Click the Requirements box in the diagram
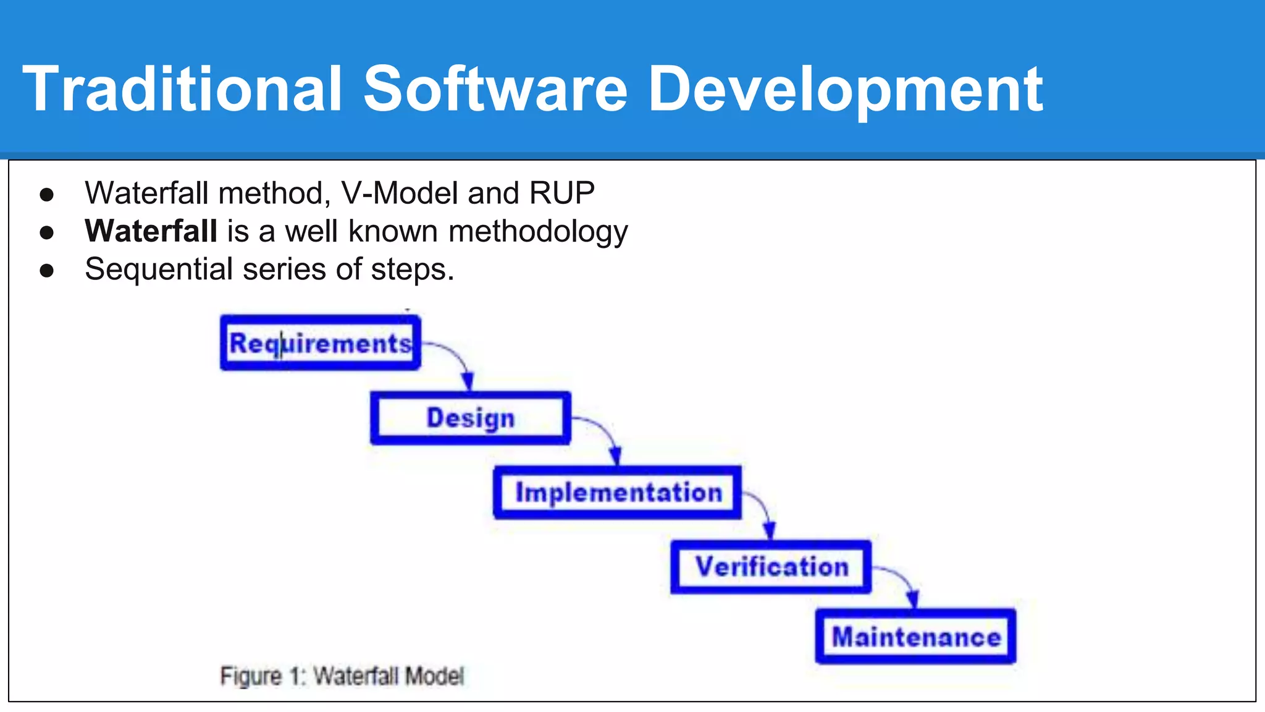(320, 343)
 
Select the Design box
(470, 418)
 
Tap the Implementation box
(618, 493)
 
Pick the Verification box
(771, 567)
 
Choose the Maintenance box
(915, 637)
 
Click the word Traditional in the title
(182, 89)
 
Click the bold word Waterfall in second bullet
(151, 231)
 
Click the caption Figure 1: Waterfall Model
(342, 676)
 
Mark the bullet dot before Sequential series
(47, 271)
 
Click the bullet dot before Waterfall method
(47, 195)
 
